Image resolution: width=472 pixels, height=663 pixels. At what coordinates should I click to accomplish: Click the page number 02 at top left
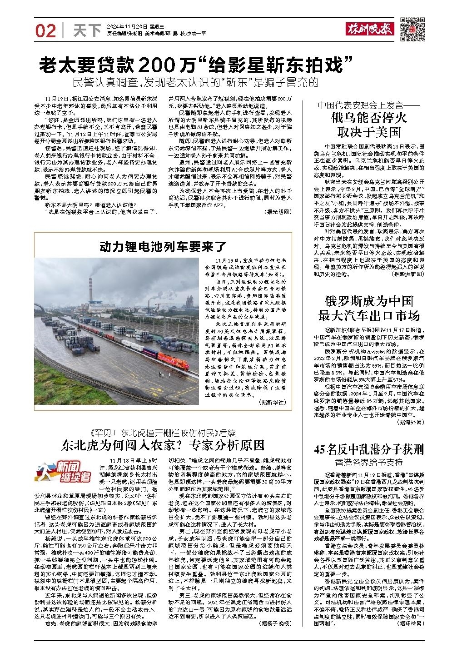46,30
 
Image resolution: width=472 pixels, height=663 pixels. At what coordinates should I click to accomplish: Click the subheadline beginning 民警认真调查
196,83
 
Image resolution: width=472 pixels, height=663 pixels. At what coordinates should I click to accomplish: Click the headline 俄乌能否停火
368,120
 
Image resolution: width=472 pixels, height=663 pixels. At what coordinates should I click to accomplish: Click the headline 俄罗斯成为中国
368,301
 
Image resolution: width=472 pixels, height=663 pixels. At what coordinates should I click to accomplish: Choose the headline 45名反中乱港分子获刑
368,449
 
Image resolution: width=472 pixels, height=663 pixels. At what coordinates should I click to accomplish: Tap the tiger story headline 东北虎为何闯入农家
163,444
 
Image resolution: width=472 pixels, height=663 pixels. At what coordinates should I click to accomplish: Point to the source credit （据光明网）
278,212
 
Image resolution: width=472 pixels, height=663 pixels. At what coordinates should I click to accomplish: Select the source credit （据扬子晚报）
274,623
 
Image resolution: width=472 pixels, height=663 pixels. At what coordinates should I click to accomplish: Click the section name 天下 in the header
86,30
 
